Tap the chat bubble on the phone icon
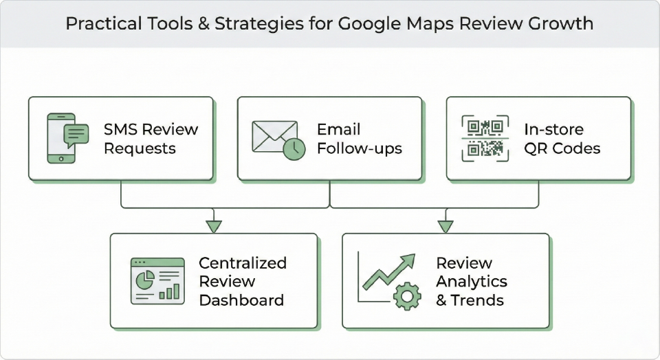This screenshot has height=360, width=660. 76,133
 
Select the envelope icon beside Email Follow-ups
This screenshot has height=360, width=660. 274,135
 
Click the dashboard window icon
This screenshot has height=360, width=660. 157,280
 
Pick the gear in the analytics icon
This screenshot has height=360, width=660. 406,296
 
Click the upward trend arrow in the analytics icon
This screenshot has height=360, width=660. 390,271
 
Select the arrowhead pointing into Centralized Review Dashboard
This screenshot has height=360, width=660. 214,225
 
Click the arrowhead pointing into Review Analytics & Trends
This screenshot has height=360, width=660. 445,225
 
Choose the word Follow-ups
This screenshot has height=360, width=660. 360,148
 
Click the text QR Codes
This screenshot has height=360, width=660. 562,148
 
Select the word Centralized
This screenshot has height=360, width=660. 243,262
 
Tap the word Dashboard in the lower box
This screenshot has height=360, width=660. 241,300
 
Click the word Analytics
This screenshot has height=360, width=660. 472,282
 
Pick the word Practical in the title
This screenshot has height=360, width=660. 101,24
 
